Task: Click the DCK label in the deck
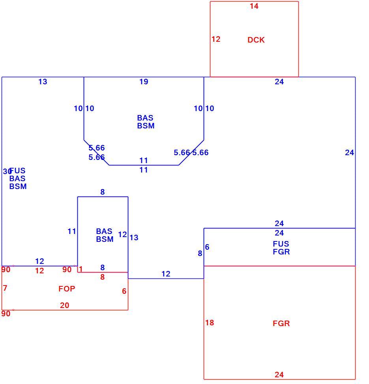256,40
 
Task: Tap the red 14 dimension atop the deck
254,6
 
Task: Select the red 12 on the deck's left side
216,39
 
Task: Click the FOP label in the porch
67,289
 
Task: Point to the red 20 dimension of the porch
65,305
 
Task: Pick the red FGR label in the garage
281,323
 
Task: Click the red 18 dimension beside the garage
210,323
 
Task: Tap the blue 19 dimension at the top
144,82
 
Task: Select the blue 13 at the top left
43,82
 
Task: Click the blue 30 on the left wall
7,171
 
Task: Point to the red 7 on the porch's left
5,288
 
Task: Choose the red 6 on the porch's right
124,291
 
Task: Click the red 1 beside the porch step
81,269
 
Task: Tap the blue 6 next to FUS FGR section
207,247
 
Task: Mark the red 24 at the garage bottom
279,375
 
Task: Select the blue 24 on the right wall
349,152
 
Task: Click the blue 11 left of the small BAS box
72,231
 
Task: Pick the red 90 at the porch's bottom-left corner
6,314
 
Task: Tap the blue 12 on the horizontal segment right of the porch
166,274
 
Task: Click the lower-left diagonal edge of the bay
96,152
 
